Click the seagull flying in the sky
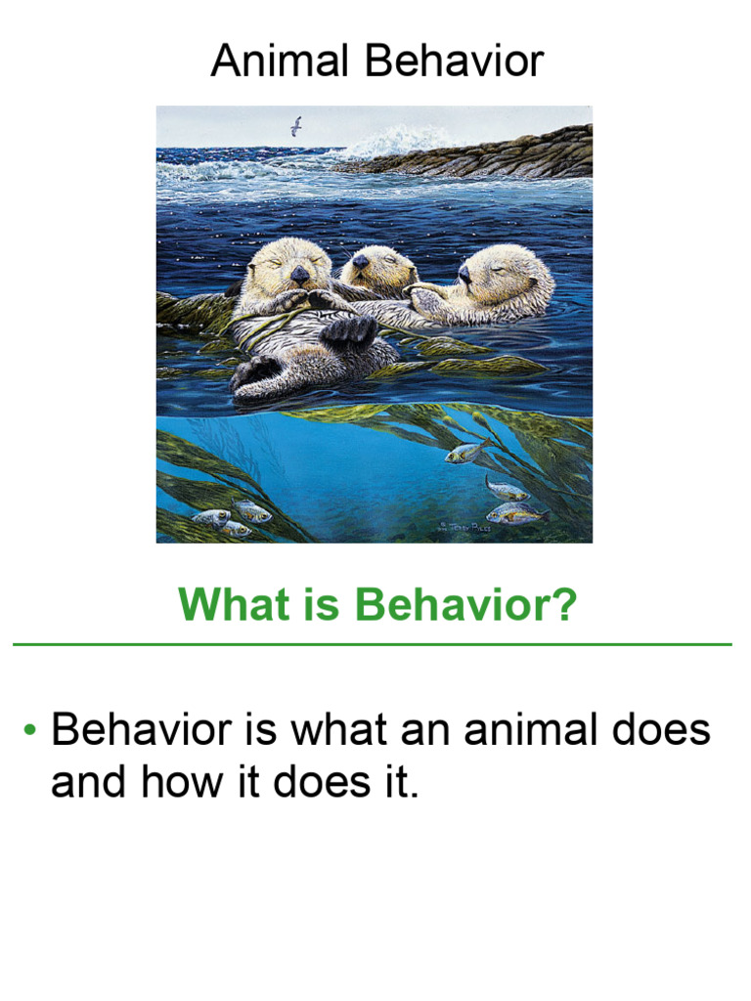(x=294, y=126)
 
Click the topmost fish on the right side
(x=464, y=453)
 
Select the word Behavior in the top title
(x=454, y=63)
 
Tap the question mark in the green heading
(x=565, y=606)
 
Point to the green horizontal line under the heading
(x=372, y=644)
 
